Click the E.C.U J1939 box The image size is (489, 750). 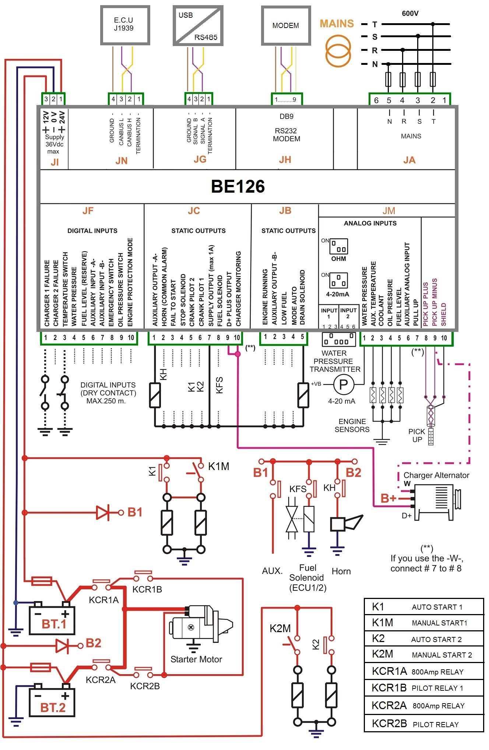(125, 25)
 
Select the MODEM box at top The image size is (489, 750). (286, 25)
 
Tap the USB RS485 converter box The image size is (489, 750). (198, 25)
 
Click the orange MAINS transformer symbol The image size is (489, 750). (338, 50)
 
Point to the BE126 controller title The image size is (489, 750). (238, 186)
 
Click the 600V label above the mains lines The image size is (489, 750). (410, 14)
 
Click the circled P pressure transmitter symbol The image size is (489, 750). (343, 385)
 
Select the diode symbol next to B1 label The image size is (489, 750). (103, 512)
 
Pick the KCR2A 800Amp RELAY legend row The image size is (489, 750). (423, 705)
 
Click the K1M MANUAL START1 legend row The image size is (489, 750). (423, 623)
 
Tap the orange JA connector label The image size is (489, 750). (409, 160)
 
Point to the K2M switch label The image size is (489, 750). (280, 628)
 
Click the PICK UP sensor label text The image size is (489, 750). (416, 435)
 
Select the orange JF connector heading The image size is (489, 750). (88, 211)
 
